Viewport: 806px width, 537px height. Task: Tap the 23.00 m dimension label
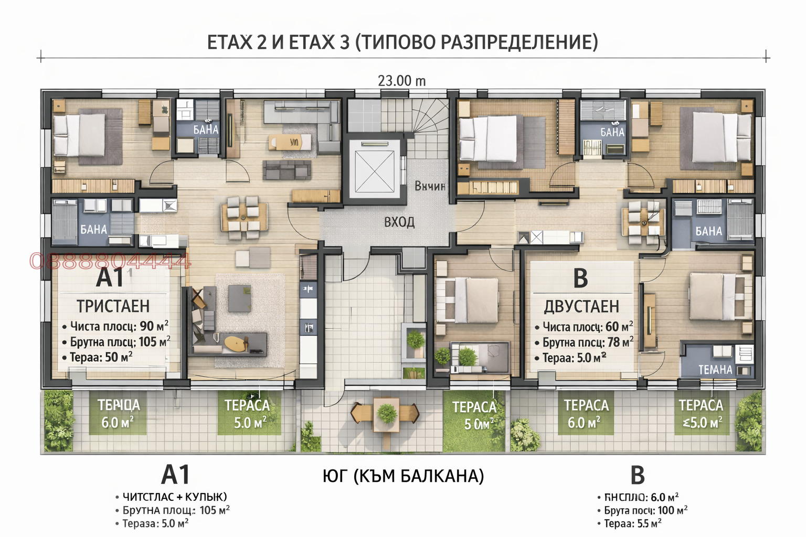click(402, 81)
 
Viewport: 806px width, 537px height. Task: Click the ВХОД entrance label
click(399, 222)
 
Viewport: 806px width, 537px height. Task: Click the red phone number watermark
click(110, 261)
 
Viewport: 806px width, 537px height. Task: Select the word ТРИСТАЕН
click(113, 306)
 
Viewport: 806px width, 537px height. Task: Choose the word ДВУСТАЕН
click(581, 306)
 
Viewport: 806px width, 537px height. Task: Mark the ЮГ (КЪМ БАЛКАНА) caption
click(403, 476)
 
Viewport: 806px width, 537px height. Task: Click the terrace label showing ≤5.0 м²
click(702, 423)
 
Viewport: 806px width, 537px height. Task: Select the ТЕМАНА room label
click(715, 370)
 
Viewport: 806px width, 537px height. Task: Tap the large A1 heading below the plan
click(175, 475)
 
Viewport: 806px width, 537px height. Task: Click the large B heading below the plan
click(637, 475)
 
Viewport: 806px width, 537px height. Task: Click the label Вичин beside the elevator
click(430, 186)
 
